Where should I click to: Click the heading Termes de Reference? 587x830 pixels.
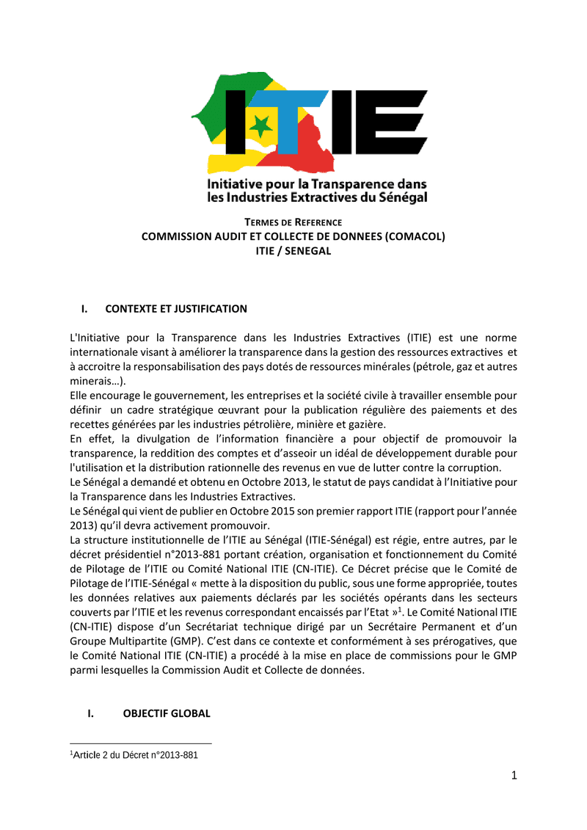293,222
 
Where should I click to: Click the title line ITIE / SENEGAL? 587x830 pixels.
293,250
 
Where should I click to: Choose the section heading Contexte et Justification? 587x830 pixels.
176,308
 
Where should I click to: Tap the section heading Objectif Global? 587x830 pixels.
167,713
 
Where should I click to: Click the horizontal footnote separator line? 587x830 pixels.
140,743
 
